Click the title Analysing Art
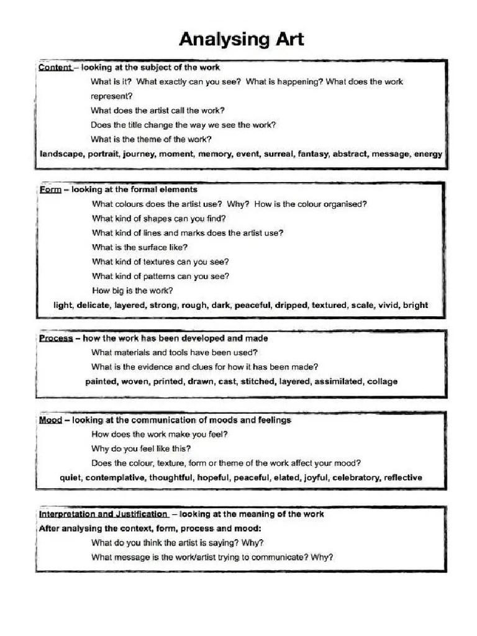point(242,40)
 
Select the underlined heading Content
point(55,67)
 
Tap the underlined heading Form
point(50,189)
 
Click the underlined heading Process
point(56,338)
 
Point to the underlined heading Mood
point(50,420)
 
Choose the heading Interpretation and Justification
point(103,514)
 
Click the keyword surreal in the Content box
point(279,154)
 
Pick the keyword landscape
point(61,154)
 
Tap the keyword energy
point(428,154)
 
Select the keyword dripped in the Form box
point(291,305)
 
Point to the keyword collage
point(382,381)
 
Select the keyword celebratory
point(356,478)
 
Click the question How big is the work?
point(132,290)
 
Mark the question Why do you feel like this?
point(141,448)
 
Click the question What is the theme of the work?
point(151,139)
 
